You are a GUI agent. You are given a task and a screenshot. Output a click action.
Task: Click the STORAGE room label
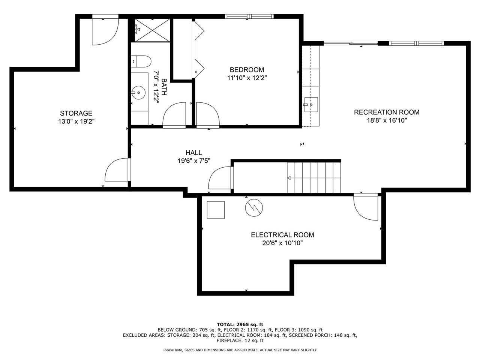[76, 113]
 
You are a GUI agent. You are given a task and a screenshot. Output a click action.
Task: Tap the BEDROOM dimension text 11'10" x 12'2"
[247, 78]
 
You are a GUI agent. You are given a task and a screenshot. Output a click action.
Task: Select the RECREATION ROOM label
[387, 112]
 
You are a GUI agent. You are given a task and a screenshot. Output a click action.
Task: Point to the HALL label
[193, 153]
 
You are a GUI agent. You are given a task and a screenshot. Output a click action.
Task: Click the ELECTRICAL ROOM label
[282, 235]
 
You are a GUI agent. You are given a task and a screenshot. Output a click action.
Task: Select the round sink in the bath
[139, 91]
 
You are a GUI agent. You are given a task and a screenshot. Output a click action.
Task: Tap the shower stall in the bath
[151, 30]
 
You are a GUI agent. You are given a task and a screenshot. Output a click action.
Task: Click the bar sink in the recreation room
[311, 104]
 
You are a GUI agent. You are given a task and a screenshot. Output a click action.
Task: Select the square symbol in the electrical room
[216, 210]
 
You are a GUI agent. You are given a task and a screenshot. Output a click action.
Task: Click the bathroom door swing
[174, 115]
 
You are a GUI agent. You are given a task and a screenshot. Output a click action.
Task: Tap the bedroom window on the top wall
[249, 16]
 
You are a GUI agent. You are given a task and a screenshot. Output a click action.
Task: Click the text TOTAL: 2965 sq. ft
[240, 324]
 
